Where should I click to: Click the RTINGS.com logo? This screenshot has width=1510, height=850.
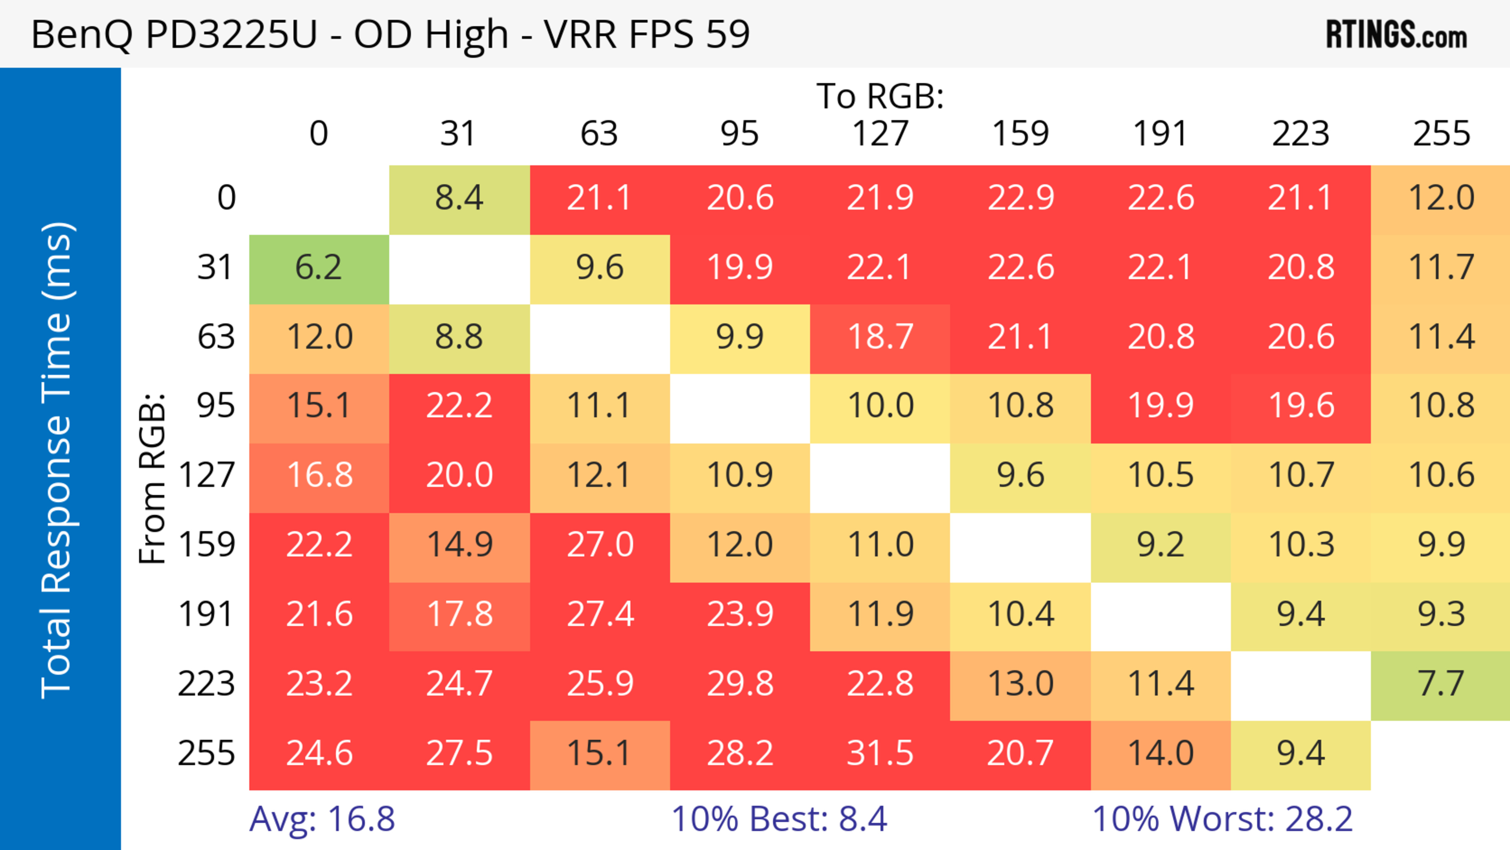tap(1396, 35)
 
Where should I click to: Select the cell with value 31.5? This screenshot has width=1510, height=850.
tap(880, 754)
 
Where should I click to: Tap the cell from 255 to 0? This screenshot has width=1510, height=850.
tap(319, 754)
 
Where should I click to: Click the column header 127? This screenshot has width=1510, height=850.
tap(880, 134)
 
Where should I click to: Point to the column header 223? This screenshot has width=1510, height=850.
tap(1301, 134)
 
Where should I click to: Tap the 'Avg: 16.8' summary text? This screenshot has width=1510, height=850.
tap(322, 820)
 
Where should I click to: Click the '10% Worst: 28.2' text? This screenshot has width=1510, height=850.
tap(1222, 820)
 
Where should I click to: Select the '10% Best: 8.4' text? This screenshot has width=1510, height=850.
tap(779, 820)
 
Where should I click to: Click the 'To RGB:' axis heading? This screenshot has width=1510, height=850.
tap(880, 97)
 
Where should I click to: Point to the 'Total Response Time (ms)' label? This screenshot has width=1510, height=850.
tap(57, 460)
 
